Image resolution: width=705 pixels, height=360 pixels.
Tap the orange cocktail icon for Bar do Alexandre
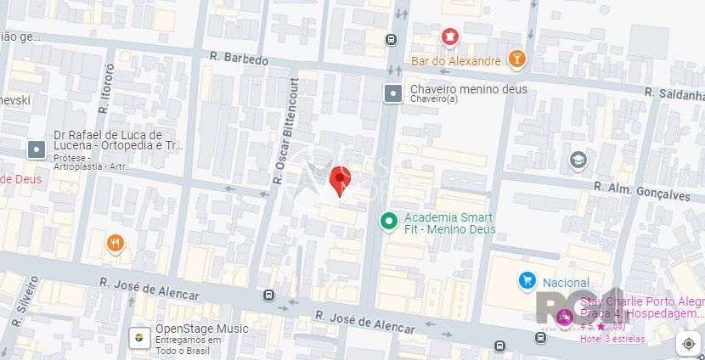516,59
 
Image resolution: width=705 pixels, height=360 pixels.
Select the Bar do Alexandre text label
455,61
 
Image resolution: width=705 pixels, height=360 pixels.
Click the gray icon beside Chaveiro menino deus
392,93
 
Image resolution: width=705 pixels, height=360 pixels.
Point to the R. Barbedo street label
240,60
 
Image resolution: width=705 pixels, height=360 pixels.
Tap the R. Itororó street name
105,88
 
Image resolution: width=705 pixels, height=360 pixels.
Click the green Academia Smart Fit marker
388,221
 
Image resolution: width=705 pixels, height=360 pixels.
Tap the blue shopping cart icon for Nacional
527,281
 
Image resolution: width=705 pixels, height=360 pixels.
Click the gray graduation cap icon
578,160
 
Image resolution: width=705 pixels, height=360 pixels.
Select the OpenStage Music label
201,329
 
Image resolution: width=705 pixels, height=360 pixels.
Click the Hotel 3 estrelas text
612,339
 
